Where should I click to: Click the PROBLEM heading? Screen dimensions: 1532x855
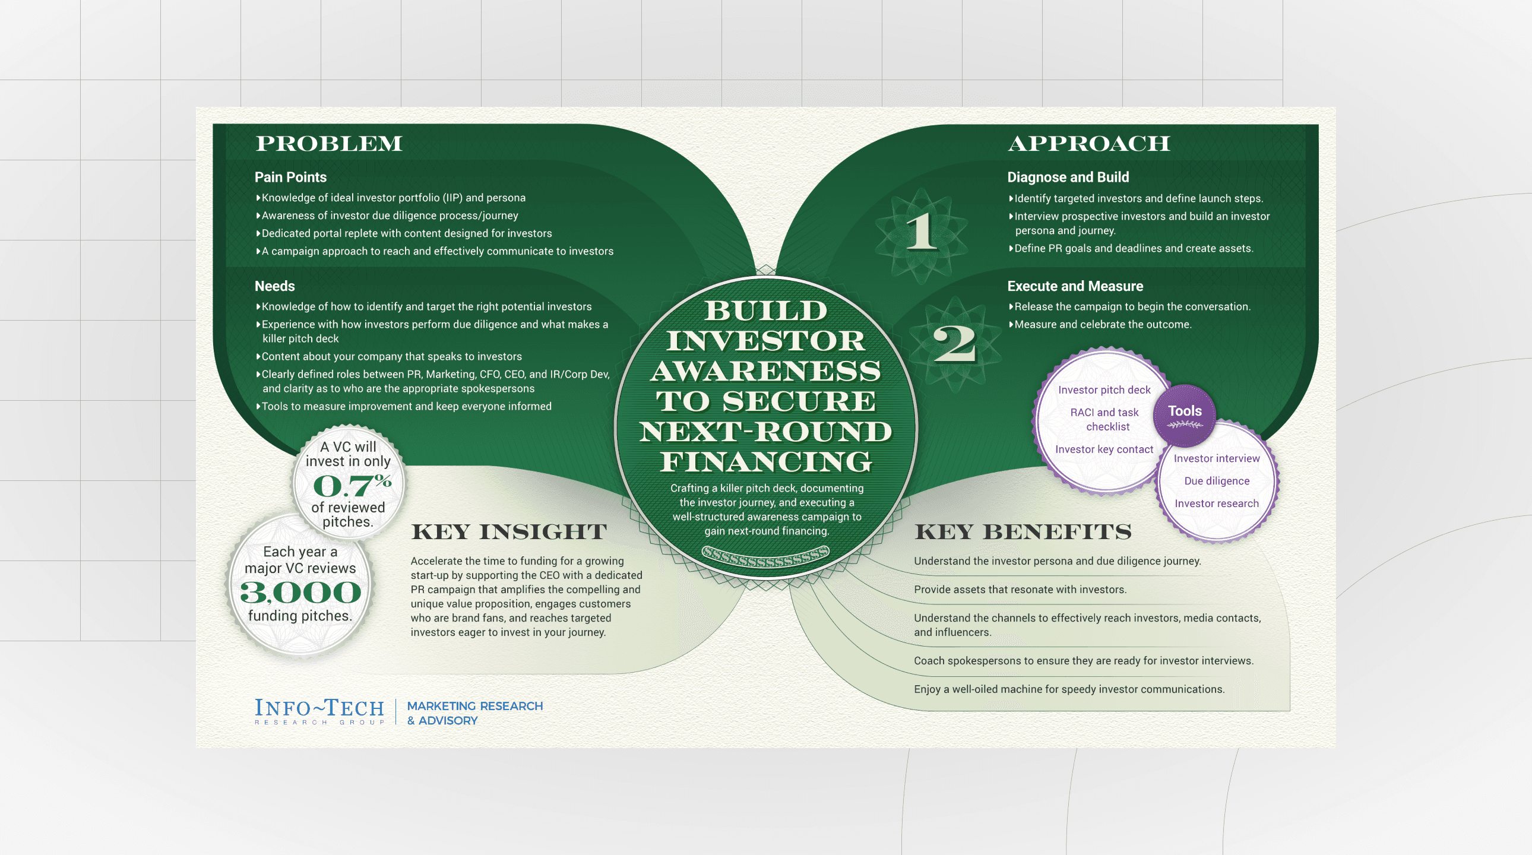tap(329, 143)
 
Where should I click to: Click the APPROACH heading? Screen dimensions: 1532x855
tap(1088, 143)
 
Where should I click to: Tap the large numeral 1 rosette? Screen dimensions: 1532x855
tap(921, 233)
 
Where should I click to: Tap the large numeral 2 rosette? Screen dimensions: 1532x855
tap(954, 344)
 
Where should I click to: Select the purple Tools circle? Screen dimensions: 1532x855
tap(1184, 414)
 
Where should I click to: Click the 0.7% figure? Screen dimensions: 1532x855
tap(352, 485)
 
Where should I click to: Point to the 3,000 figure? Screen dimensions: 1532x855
tap(300, 592)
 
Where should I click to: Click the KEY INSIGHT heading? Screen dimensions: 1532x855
tap(508, 531)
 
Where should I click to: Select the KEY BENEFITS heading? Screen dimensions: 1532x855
tap(1023, 531)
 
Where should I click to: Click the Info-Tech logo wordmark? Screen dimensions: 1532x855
tap(319, 711)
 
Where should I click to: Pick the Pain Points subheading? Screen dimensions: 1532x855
tap(290, 177)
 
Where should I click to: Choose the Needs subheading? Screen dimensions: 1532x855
tap(274, 286)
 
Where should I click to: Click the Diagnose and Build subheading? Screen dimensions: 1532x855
tap(1068, 177)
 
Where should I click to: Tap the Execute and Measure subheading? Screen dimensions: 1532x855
tap(1075, 286)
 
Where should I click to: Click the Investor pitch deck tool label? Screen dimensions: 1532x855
tap(1104, 390)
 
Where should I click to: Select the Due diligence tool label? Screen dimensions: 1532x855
tap(1216, 481)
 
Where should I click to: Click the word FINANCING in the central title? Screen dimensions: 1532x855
tap(765, 461)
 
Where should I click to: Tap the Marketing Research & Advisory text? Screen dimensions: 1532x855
tap(474, 713)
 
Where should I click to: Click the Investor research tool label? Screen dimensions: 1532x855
tap(1216, 503)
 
